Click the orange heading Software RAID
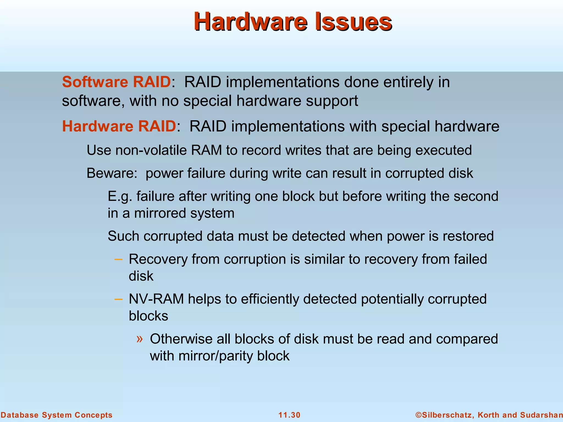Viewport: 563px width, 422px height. click(117, 82)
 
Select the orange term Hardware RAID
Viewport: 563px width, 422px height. click(119, 126)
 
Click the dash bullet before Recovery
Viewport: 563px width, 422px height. click(118, 259)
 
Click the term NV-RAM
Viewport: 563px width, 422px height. click(156, 299)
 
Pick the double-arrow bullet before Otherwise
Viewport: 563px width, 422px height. click(140, 338)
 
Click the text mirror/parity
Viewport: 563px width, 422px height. click(216, 356)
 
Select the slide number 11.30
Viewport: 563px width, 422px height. click(289, 415)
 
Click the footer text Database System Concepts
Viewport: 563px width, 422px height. click(56, 415)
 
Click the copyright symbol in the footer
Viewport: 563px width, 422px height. click(419, 415)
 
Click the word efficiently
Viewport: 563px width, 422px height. click(270, 299)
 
